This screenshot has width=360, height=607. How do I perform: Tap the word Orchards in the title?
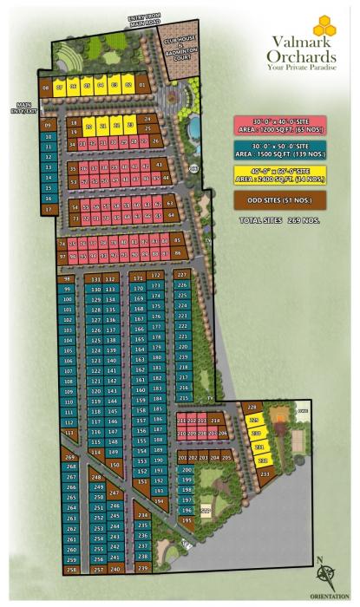click(x=298, y=55)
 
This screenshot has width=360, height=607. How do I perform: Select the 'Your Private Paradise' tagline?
click(x=299, y=67)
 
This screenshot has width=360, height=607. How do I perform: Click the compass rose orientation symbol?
click(x=328, y=575)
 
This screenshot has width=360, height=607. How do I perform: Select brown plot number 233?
click(x=265, y=473)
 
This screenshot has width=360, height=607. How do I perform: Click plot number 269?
click(x=70, y=457)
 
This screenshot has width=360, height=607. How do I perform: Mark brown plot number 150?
click(x=115, y=465)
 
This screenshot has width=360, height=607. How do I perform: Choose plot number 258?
click(x=71, y=570)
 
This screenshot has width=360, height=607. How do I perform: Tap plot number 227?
click(x=181, y=274)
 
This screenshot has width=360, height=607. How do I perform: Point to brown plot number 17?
click(x=49, y=209)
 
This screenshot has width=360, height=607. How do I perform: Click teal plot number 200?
click(x=186, y=470)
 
